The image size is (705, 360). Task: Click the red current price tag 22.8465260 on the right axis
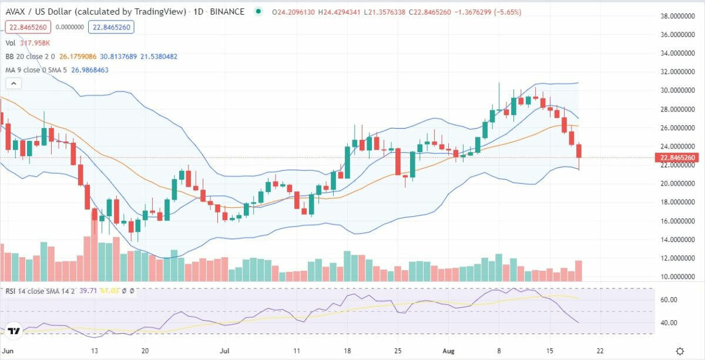679,157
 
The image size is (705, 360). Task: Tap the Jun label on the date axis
8,351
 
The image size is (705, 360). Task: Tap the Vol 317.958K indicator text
28,43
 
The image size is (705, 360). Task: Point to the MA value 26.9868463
89,70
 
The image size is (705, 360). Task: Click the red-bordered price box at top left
28,27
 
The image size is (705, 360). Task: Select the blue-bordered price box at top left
112,27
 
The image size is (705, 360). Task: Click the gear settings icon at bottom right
680,351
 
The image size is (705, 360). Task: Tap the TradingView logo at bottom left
15,331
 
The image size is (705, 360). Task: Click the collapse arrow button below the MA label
14,83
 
